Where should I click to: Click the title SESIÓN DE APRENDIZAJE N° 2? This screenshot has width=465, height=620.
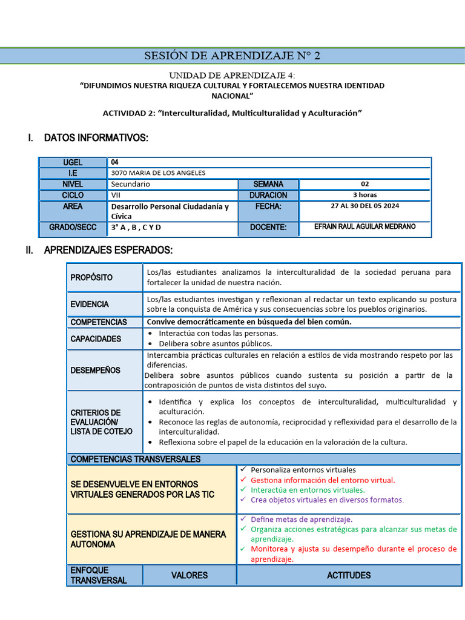pos(232,56)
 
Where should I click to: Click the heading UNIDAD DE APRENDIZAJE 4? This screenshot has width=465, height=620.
pos(232,75)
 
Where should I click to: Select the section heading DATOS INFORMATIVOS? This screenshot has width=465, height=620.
pos(96,139)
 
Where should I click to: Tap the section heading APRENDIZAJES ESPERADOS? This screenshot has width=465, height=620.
pos(108,250)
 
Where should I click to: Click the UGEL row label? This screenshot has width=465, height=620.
pos(73,162)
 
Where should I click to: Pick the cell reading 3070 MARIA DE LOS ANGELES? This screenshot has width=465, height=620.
pos(158,173)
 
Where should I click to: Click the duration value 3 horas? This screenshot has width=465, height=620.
pos(364,195)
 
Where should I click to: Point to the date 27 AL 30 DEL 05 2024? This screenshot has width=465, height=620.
pos(364,206)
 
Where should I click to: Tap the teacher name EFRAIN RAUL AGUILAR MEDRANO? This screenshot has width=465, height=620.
pos(364,226)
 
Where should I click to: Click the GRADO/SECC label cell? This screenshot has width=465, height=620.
pos(73,228)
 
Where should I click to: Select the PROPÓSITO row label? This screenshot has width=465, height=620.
pos(91,277)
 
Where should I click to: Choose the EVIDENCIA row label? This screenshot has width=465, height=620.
pos(90,304)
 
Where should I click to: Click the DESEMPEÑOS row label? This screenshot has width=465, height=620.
pos(95,370)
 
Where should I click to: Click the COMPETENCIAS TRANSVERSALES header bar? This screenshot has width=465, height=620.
pos(136,459)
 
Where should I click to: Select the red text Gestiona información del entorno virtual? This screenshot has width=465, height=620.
pos(322,480)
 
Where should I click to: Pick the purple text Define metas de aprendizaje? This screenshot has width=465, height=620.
pos(301,519)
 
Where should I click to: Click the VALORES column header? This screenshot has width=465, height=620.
pos(190,575)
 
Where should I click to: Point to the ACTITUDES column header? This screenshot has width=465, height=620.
pos(349,575)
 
